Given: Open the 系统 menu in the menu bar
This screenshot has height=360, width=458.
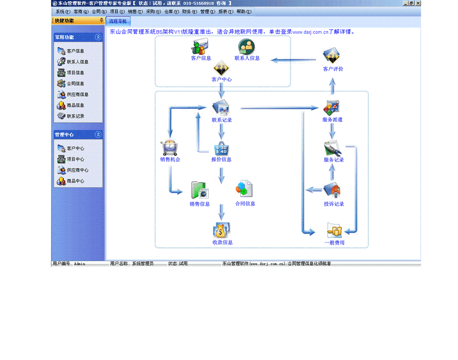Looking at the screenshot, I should (x=63, y=11).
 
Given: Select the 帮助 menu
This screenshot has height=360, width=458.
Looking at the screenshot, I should (x=244, y=11).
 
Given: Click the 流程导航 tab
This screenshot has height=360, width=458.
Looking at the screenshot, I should (x=118, y=21).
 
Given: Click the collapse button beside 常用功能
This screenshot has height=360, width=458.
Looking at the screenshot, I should (x=98, y=37).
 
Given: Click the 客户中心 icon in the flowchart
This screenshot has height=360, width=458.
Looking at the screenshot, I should (x=221, y=68).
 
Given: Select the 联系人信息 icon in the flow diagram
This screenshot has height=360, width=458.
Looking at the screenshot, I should (x=247, y=47).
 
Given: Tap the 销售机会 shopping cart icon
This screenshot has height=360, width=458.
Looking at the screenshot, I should (x=169, y=148).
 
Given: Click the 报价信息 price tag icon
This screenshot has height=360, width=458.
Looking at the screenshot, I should (x=221, y=148).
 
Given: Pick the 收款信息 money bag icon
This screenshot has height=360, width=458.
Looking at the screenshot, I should (x=221, y=230).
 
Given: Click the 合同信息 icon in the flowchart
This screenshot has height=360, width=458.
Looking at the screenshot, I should (x=244, y=189).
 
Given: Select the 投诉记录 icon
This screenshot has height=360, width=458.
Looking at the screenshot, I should (x=333, y=191).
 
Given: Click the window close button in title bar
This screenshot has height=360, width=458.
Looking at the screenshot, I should (x=418, y=3).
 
